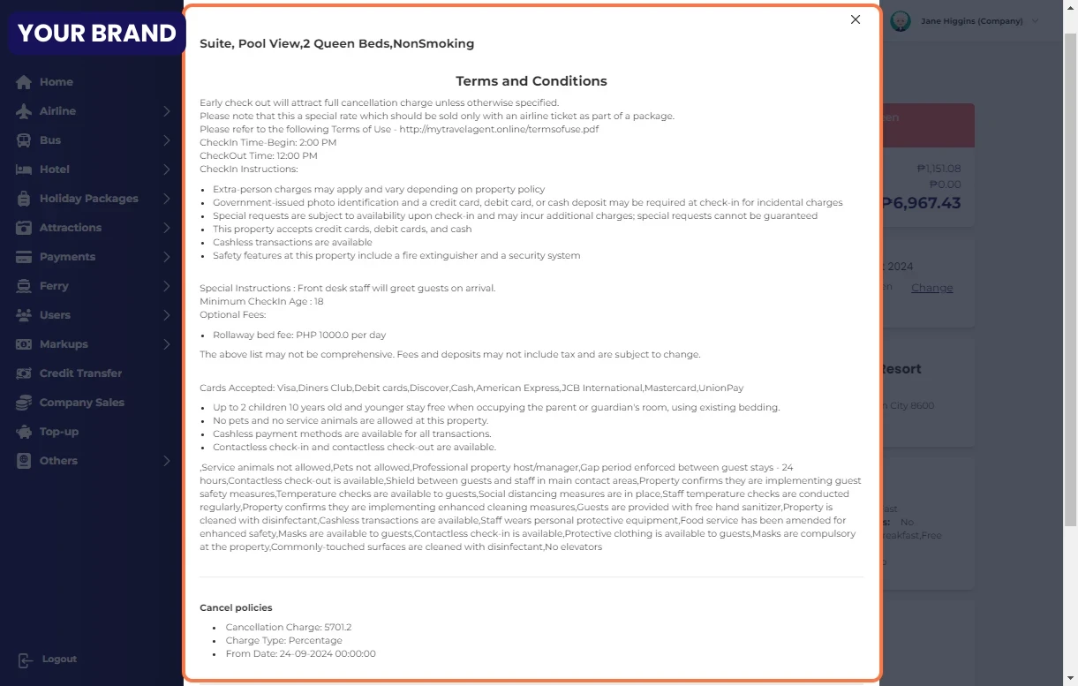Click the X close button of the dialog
tap(855, 19)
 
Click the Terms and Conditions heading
tap(531, 81)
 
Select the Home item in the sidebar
tap(56, 82)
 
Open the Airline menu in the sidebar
tap(57, 111)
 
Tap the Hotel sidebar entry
tap(54, 170)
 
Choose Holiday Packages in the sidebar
tap(88, 199)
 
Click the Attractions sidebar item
tap(70, 228)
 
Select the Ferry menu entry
tap(54, 286)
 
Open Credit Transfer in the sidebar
tap(80, 373)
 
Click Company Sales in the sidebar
tap(81, 403)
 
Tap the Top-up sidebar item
tap(58, 432)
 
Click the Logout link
tap(58, 660)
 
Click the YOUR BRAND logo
tap(96, 34)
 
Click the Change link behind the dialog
tap(931, 288)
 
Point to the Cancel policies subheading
tap(236, 607)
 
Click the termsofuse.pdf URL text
tap(499, 129)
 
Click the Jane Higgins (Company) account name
tap(971, 21)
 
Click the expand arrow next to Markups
tap(166, 344)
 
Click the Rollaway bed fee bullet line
tap(299, 335)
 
